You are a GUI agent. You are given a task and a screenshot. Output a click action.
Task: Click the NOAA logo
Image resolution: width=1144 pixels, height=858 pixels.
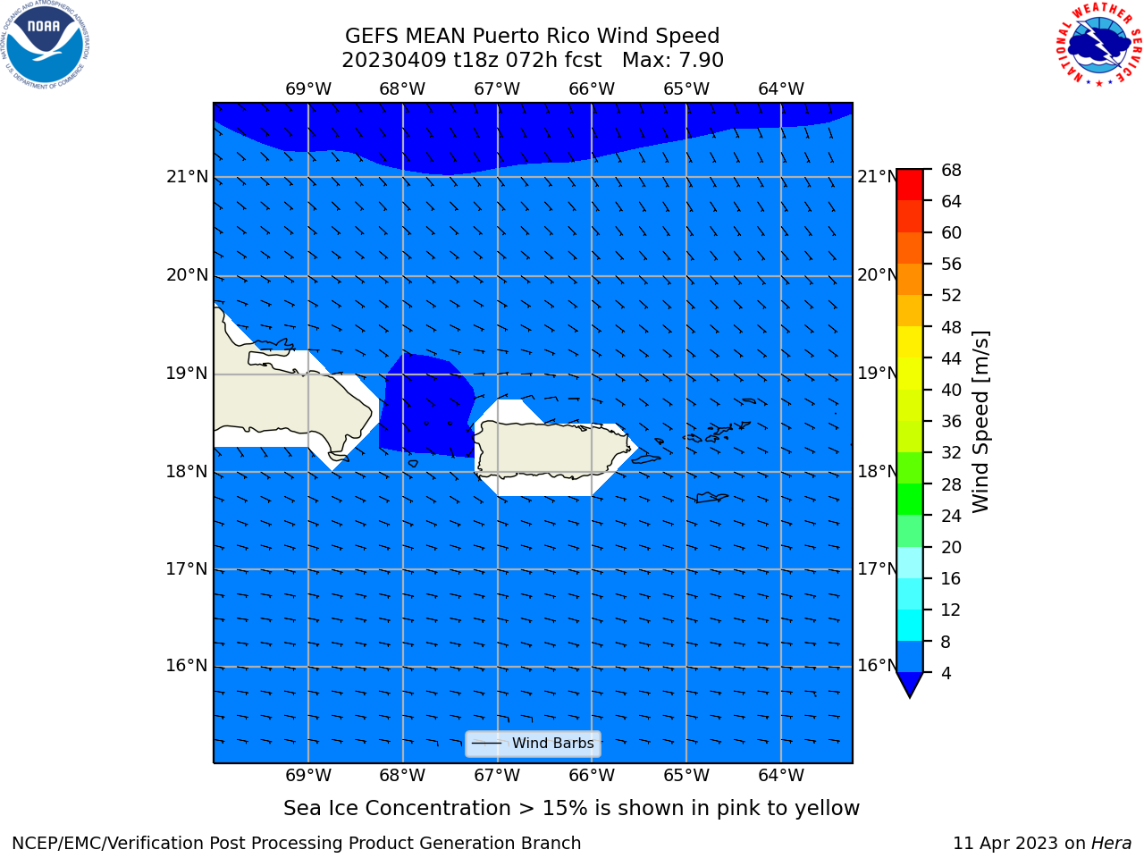point(45,45)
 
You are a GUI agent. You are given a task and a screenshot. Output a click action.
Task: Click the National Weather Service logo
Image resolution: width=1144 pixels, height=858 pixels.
point(1099,45)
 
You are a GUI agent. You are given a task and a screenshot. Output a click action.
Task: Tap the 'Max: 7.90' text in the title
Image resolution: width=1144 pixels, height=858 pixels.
point(672,61)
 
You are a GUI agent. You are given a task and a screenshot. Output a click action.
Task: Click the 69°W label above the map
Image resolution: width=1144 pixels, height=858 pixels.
point(308,89)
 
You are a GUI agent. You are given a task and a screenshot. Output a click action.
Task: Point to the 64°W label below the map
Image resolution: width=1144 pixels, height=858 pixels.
point(781,776)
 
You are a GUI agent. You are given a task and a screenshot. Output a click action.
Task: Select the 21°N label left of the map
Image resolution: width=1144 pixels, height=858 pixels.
point(187,177)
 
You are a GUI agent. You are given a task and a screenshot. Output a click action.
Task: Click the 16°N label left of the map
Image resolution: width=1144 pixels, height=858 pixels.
point(187,666)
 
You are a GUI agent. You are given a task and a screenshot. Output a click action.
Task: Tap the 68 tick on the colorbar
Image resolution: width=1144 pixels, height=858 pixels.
point(951,171)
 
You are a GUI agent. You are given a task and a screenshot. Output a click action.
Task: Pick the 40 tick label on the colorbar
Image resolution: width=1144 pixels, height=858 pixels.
point(951,390)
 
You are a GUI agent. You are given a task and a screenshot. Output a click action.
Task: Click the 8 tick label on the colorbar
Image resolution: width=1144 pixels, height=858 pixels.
point(946,642)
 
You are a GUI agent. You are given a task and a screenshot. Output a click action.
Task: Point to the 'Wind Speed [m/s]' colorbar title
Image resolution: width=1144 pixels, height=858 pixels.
point(980,422)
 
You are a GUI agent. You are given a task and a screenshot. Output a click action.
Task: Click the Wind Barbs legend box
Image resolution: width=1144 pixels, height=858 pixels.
point(533,744)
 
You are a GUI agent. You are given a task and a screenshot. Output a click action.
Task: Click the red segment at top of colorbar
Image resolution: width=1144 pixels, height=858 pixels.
point(910,185)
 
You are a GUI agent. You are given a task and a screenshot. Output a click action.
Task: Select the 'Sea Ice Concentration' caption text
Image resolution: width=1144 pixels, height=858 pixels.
point(397,809)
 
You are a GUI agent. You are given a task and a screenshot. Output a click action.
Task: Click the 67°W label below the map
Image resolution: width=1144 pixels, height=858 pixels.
point(497,776)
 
